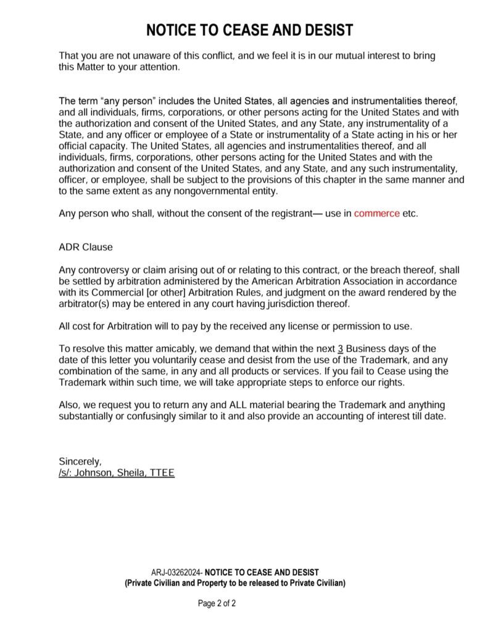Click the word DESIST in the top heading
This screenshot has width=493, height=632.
tap(323, 30)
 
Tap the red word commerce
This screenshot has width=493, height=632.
tap(376, 214)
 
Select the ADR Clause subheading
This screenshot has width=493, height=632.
tap(86, 247)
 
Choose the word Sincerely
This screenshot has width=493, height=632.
tap(80, 462)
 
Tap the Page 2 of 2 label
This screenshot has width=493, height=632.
tap(217, 603)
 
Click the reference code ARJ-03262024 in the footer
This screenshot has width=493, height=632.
tap(177, 573)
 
